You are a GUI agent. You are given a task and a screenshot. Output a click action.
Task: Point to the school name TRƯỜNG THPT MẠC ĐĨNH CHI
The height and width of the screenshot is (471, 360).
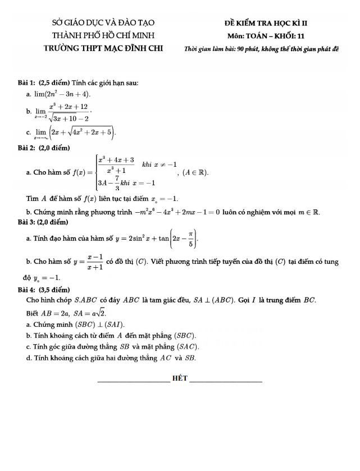pos(103,48)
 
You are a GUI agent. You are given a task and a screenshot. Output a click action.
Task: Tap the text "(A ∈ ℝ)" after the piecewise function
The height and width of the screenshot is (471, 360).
pos(195,172)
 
